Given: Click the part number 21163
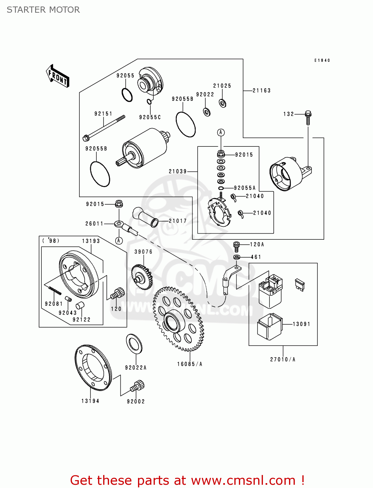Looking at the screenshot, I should [261, 91].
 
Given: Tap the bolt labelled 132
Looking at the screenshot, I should [308, 117].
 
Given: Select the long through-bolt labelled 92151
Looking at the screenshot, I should [104, 128].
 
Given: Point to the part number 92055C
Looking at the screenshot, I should [150, 117].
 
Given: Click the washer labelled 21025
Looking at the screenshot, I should [223, 103].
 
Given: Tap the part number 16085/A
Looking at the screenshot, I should [189, 364].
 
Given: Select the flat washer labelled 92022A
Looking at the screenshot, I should [134, 344].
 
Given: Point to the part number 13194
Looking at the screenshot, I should [90, 401].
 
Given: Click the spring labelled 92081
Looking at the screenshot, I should [55, 290].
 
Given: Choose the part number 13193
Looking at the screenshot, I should [91, 241].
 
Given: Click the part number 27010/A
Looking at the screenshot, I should [283, 359].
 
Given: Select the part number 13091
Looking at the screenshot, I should [301, 324].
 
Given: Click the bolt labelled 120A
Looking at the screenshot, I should [237, 247].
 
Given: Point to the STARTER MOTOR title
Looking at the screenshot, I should [43, 10].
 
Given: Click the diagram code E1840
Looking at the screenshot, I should [322, 61].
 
